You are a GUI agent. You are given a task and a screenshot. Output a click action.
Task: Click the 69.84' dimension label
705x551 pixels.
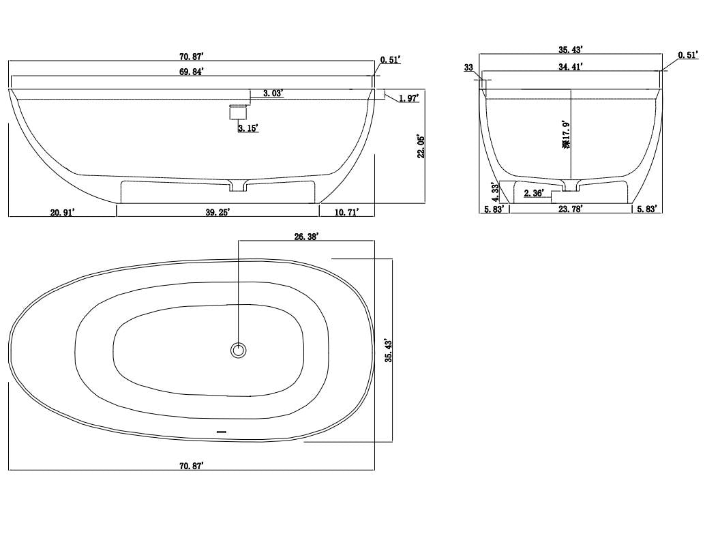point(192,71)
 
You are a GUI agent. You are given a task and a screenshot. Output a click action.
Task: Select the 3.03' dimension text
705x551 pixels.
point(273,93)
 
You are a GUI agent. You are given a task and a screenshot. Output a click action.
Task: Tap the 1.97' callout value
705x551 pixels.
point(408,98)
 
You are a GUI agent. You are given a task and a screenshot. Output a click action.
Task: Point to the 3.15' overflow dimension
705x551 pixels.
point(247,128)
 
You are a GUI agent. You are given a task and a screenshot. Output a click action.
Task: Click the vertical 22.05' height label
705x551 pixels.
point(421,146)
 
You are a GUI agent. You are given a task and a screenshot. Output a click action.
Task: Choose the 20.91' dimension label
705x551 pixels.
point(62,212)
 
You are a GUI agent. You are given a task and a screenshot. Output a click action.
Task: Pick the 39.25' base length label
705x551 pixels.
point(218,212)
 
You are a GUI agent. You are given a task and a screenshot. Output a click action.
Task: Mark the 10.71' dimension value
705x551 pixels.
point(347,212)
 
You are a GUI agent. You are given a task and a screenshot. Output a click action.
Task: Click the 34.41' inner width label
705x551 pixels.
point(571,67)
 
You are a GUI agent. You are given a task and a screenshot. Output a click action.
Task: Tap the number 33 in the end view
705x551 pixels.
point(468,68)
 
